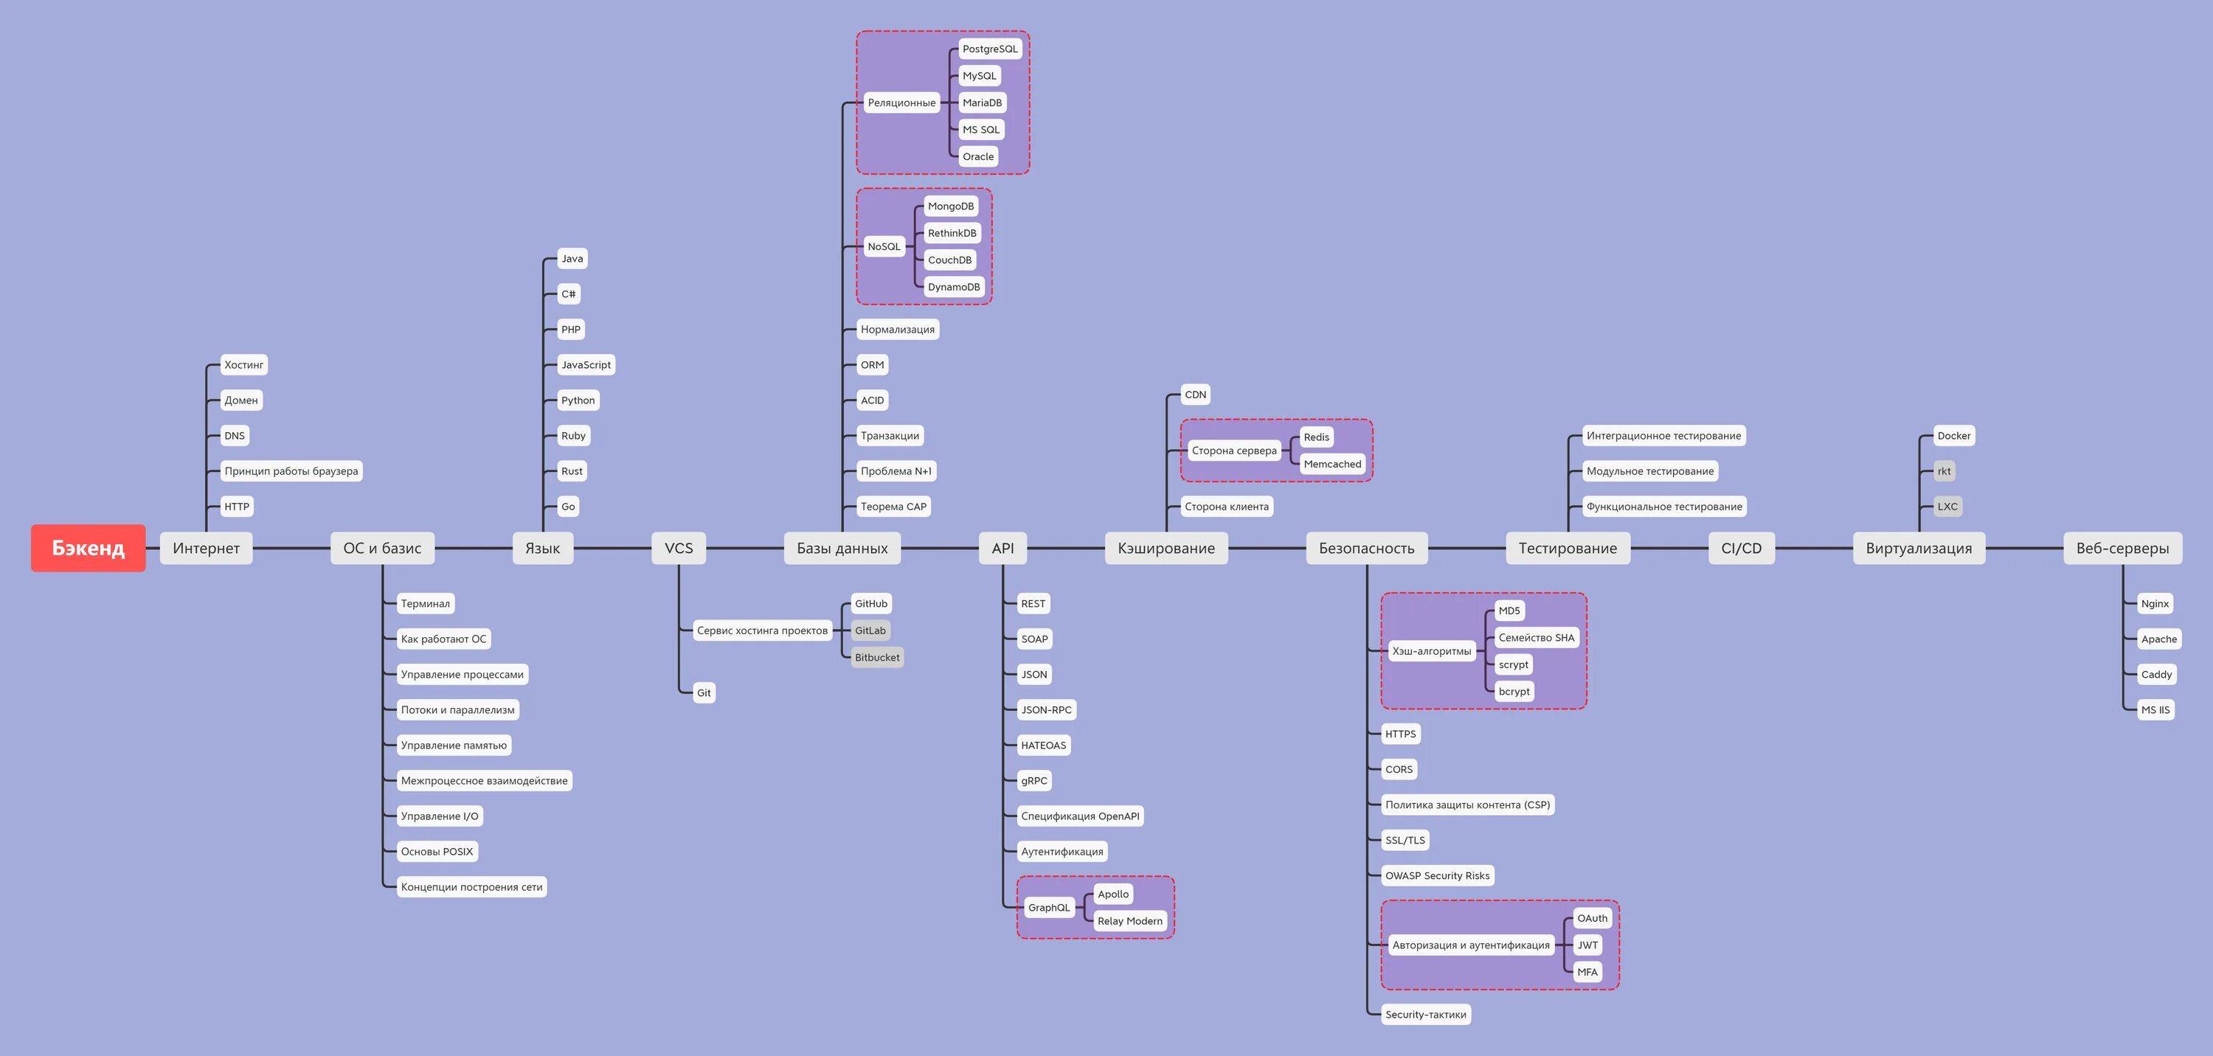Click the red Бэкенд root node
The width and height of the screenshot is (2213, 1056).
88,548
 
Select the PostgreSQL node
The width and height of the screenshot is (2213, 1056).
990,49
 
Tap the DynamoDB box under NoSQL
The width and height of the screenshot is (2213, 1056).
954,287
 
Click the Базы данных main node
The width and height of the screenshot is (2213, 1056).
842,548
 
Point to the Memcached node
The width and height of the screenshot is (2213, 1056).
1331,464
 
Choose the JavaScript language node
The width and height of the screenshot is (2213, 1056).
586,365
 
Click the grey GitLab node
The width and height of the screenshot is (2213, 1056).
870,631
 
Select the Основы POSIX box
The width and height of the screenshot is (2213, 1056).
437,852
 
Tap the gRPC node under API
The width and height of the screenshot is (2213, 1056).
1033,780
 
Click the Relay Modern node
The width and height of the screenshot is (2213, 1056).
1129,921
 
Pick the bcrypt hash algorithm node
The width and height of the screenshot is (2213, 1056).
1514,691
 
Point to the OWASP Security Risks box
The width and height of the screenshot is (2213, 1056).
1437,876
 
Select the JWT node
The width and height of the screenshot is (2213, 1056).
1587,945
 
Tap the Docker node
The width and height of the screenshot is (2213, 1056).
1953,435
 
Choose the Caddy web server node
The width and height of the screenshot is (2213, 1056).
2156,674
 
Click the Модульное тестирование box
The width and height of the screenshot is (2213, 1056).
1649,471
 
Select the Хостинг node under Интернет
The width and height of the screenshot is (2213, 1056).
243,365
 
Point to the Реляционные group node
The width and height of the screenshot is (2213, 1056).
901,103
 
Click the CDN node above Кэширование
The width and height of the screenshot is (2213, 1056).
1195,395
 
